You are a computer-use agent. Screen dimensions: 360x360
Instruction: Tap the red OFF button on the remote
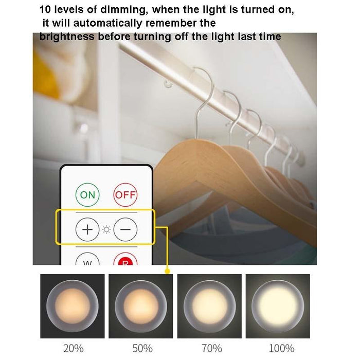click(x=125, y=194)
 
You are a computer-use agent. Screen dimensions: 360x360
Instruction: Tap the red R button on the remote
click(x=125, y=261)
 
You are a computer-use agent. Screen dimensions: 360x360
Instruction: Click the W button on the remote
click(x=88, y=261)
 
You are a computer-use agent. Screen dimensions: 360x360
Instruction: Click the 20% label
click(x=73, y=348)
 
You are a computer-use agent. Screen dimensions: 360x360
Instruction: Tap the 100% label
click(x=278, y=348)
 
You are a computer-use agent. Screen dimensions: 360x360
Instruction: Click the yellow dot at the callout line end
click(x=167, y=271)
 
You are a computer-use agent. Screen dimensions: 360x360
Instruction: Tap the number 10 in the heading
click(x=45, y=10)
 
